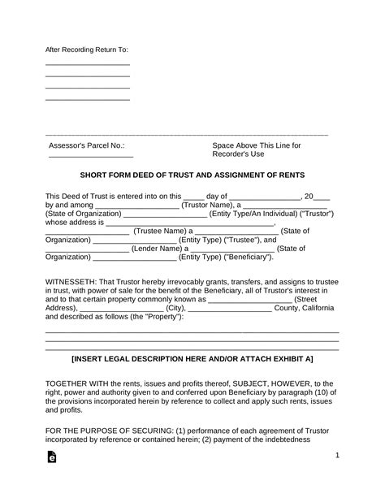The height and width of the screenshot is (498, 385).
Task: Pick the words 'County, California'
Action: tap(305, 309)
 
